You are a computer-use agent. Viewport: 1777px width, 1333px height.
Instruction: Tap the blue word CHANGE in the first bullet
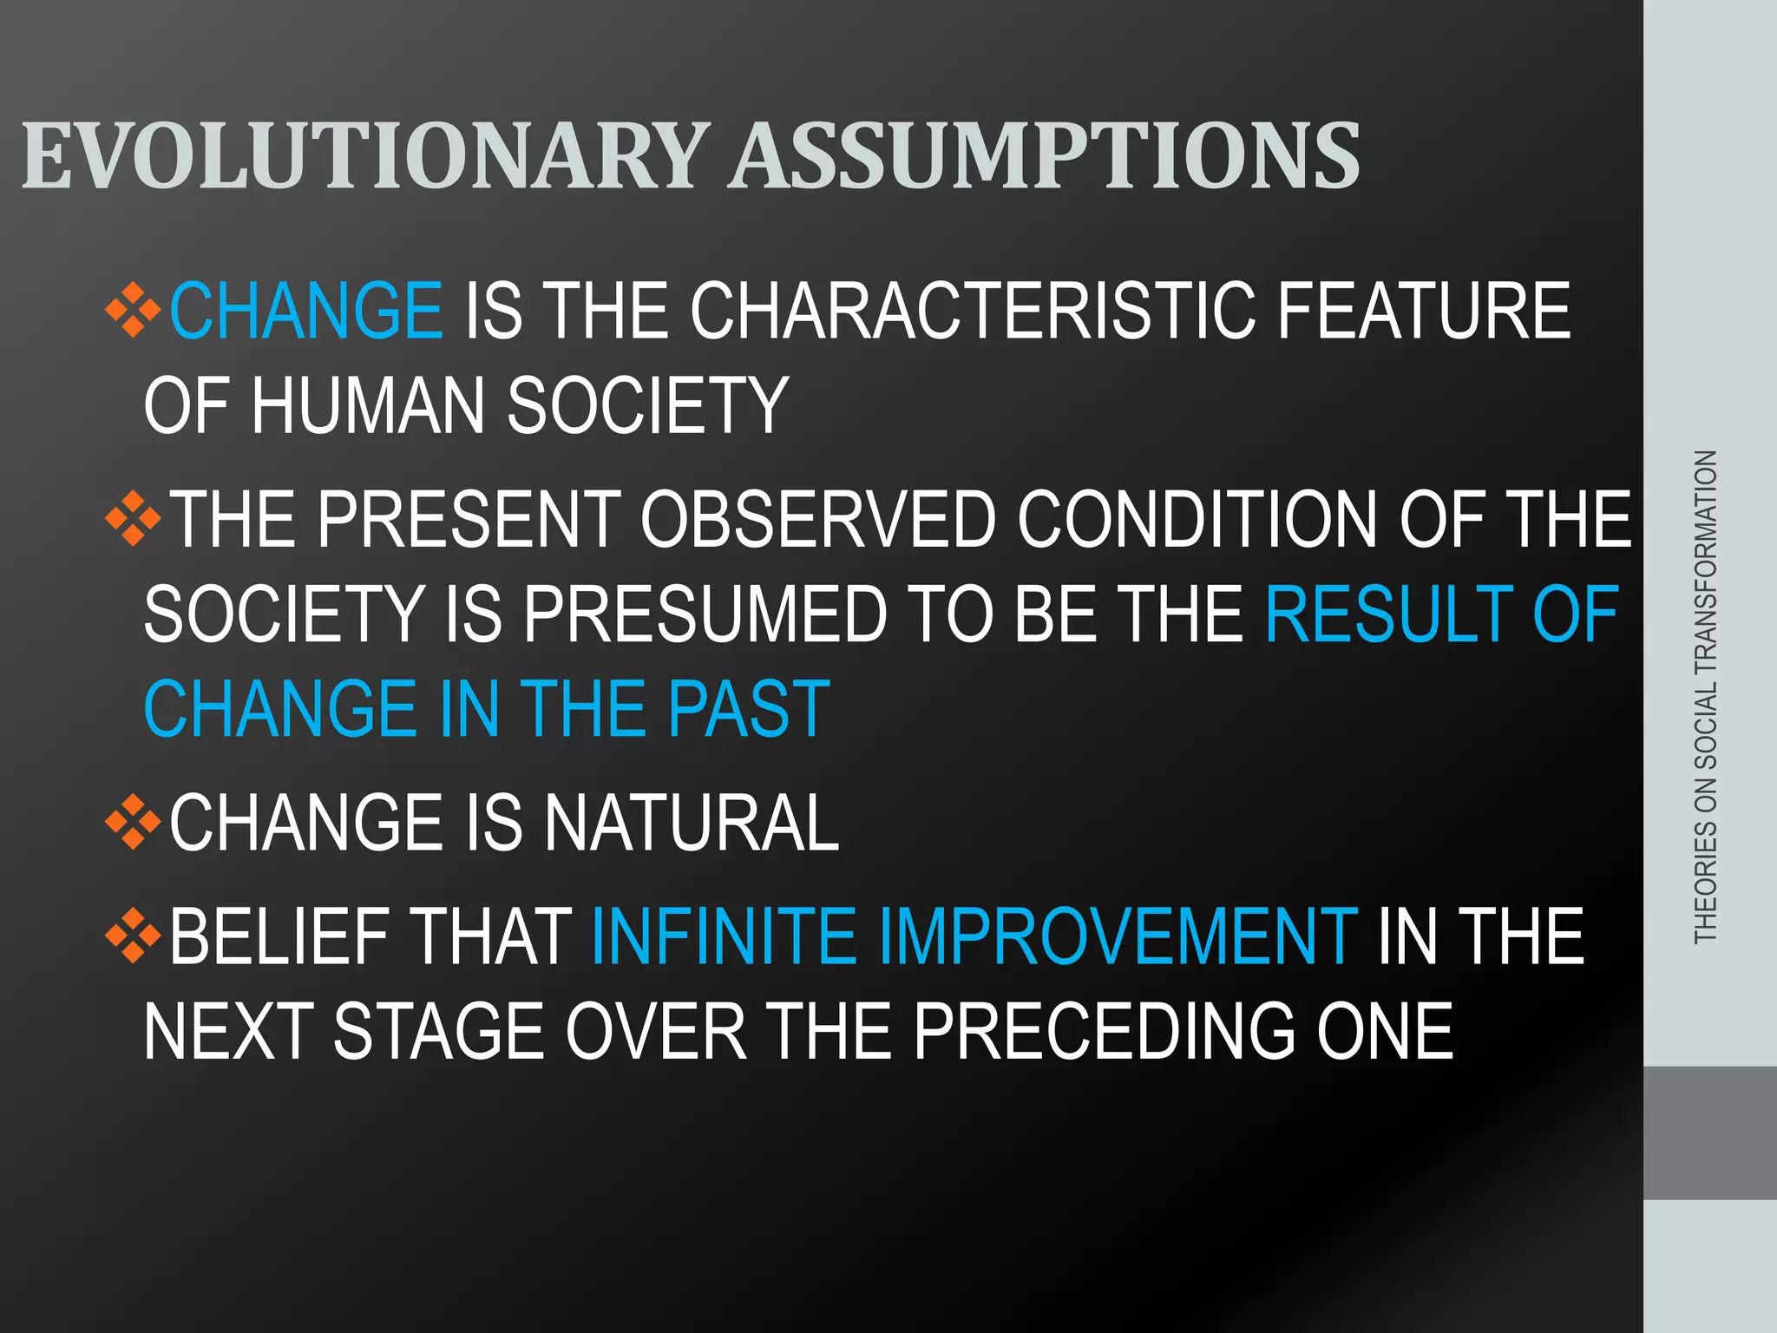[305, 311]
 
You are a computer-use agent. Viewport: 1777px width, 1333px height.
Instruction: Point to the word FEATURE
[1423, 311]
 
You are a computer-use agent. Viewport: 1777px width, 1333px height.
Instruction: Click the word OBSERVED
[818, 519]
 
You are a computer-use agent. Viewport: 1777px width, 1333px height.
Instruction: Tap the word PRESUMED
[705, 614]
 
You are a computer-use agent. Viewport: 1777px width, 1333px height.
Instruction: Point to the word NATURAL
[691, 823]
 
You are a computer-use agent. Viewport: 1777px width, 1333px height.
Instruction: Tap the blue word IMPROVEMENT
[1118, 936]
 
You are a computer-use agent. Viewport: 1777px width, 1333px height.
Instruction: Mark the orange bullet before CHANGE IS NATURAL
[133, 821]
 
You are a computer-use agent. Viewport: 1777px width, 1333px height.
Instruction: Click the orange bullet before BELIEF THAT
[133, 936]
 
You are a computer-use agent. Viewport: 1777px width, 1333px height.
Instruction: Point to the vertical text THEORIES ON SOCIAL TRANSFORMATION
[1705, 696]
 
